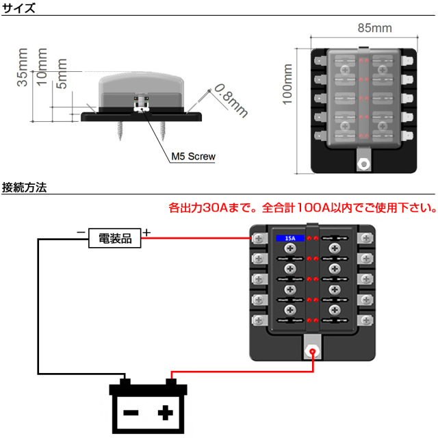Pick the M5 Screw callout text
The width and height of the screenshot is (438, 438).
193,157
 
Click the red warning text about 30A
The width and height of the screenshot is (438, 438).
302,207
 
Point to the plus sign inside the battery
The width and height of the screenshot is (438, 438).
165,412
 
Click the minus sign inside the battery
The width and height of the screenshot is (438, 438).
130,413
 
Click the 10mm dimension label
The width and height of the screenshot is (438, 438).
43,68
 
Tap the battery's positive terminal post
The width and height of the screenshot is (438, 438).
171,381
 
